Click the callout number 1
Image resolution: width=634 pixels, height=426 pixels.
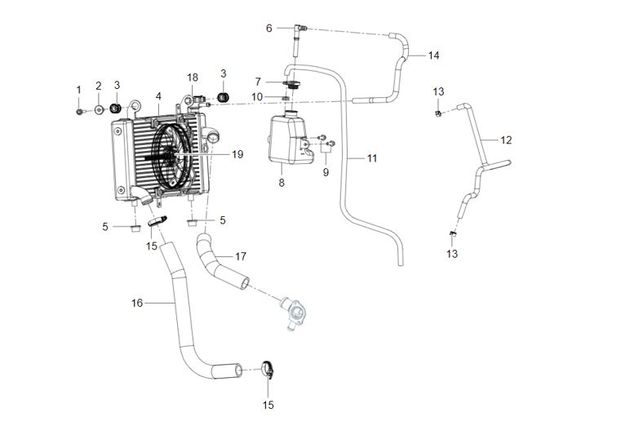tap(79, 90)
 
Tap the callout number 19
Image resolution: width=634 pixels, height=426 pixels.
tap(237, 154)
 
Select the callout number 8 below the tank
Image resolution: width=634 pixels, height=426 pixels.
tap(282, 183)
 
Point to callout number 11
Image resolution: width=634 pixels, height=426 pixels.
tap(372, 158)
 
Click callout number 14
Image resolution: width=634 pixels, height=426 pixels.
tap(434, 55)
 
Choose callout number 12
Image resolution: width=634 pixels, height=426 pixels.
tap(506, 140)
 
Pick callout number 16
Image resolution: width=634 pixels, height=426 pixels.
tap(137, 303)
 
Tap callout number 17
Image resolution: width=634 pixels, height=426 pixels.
tap(241, 256)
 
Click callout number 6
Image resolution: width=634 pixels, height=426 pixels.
tap(269, 28)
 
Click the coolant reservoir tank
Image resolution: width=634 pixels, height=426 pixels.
tap(290, 139)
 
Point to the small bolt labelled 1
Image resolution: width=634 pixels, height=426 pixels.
tap(80, 111)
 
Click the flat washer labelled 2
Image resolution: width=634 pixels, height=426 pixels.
tap(99, 109)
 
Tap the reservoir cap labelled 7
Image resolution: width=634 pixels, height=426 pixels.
tap(290, 84)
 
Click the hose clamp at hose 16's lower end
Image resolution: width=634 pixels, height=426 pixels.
tap(268, 369)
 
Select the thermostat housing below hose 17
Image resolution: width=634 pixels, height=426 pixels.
tap(292, 311)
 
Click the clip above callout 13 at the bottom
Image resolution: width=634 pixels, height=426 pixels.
tap(453, 233)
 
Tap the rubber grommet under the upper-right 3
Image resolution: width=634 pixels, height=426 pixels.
tap(224, 97)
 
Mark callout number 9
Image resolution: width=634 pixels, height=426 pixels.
tap(326, 172)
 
